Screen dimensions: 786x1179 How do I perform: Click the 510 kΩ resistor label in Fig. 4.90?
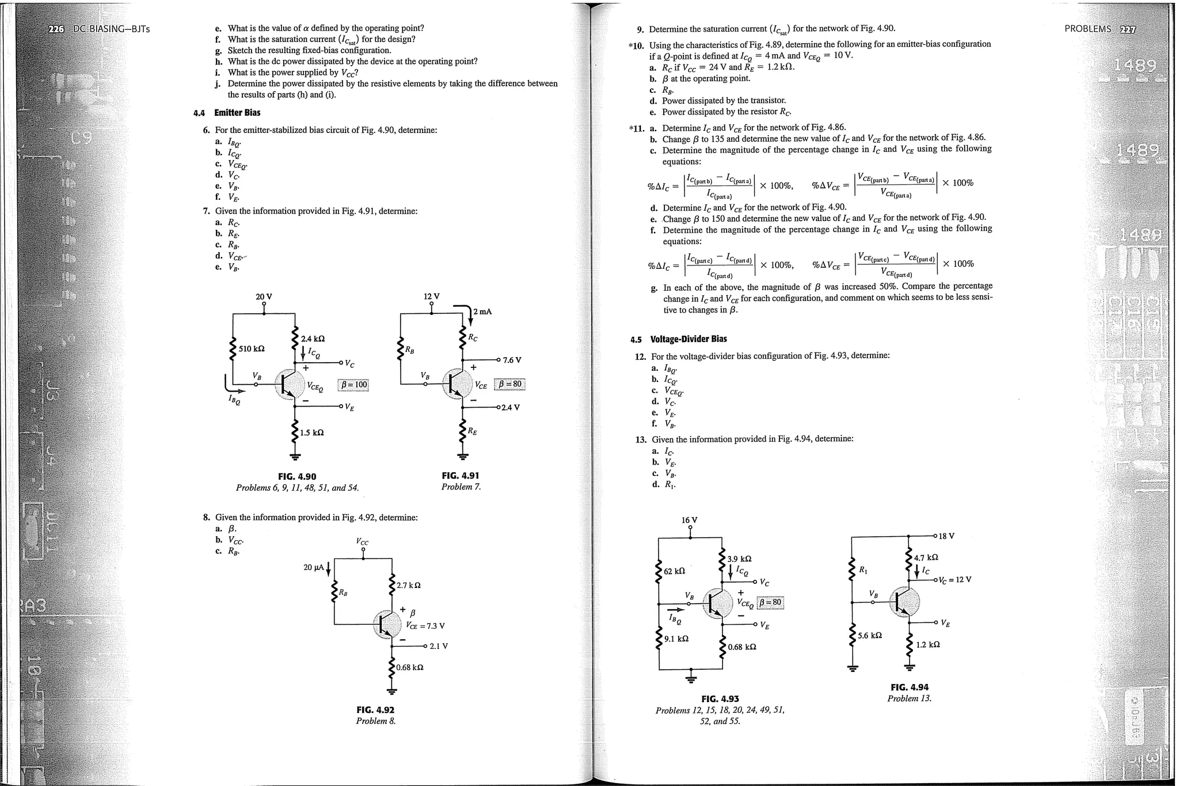(x=252, y=349)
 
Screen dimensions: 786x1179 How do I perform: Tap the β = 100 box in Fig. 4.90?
(x=353, y=385)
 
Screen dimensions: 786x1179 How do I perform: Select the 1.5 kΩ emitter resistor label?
(x=311, y=432)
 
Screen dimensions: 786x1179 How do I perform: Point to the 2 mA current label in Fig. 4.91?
(x=482, y=312)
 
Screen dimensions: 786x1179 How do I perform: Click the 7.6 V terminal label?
(x=512, y=360)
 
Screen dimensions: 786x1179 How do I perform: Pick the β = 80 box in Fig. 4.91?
(x=510, y=384)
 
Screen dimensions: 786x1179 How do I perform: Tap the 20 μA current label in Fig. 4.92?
(x=314, y=567)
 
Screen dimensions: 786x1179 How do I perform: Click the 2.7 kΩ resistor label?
(x=409, y=585)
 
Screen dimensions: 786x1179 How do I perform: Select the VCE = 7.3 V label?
(x=425, y=626)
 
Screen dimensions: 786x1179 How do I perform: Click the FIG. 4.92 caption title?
(x=375, y=710)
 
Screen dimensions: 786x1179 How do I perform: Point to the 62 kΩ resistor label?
(x=674, y=571)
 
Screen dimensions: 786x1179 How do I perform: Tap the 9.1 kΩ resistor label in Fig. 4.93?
(x=676, y=639)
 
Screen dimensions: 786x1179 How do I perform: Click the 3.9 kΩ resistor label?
(x=739, y=559)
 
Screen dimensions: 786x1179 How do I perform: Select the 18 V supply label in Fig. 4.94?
(x=946, y=536)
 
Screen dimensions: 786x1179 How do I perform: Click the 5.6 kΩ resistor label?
(x=870, y=636)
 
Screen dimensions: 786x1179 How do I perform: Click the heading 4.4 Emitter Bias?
(x=227, y=113)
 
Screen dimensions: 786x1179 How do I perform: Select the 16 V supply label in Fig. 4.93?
(x=690, y=520)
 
